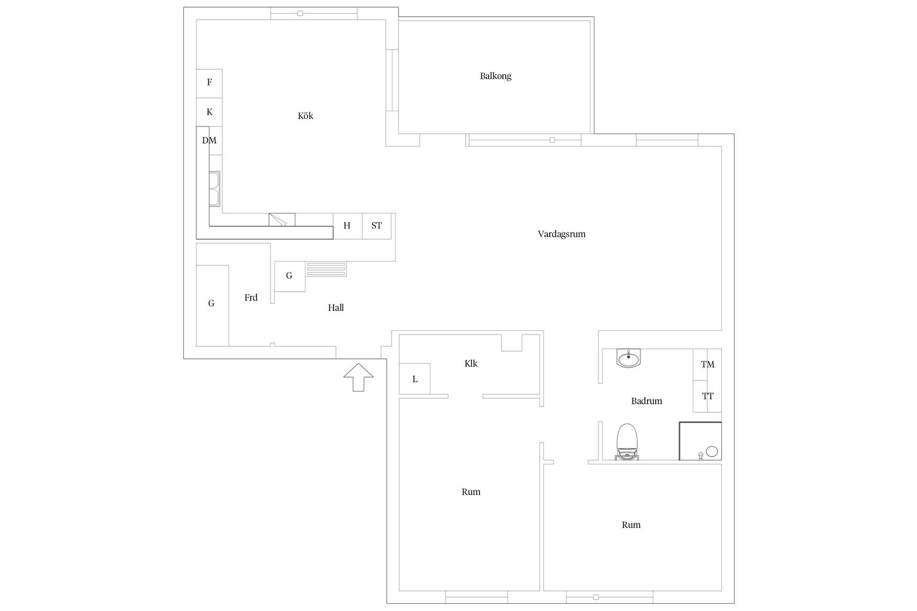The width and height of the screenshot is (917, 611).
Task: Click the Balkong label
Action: pos(495,76)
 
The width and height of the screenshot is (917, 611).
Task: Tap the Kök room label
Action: pos(305,116)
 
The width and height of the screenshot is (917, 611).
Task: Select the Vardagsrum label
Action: pos(561,234)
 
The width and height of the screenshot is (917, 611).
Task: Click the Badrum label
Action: pos(646,401)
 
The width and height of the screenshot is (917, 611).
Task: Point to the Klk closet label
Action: pos(471,364)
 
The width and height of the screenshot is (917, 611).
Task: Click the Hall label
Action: pos(336,308)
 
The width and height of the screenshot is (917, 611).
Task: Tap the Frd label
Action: pos(251,297)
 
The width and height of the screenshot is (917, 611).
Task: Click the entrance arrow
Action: pos(358,377)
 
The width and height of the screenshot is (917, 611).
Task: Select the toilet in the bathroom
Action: pos(628,442)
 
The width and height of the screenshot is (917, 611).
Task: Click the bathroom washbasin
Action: pos(629,358)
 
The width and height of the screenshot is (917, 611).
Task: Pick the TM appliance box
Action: pos(707,365)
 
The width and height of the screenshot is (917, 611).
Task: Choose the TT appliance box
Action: pos(707,396)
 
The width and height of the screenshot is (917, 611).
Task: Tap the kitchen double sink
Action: pos(215,189)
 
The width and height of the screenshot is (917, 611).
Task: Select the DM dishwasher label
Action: pos(209,140)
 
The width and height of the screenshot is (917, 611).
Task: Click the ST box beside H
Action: pos(376,226)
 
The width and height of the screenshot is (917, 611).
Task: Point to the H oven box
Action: pos(347,226)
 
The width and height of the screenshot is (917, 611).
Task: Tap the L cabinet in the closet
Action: pos(415,379)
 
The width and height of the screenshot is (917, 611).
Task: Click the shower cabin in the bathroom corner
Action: pos(700,441)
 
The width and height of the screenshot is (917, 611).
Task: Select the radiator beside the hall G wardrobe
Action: pos(326,269)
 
